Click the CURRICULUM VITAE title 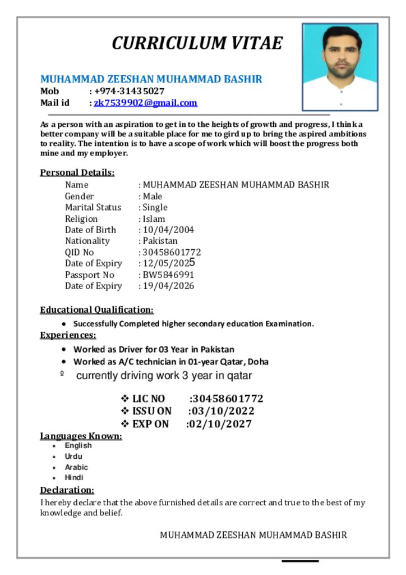click(197, 43)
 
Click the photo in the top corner click(340, 66)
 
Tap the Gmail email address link click(145, 103)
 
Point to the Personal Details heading click(77, 172)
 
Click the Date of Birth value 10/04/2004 click(168, 230)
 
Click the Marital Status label click(93, 207)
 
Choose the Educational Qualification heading click(96, 309)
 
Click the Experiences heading click(68, 335)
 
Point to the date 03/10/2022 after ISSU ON click(223, 411)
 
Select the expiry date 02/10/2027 click(220, 424)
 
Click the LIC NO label click(149, 399)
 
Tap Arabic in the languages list click(76, 467)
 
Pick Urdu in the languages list click(73, 457)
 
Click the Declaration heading click(67, 490)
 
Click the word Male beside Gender click(153, 197)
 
